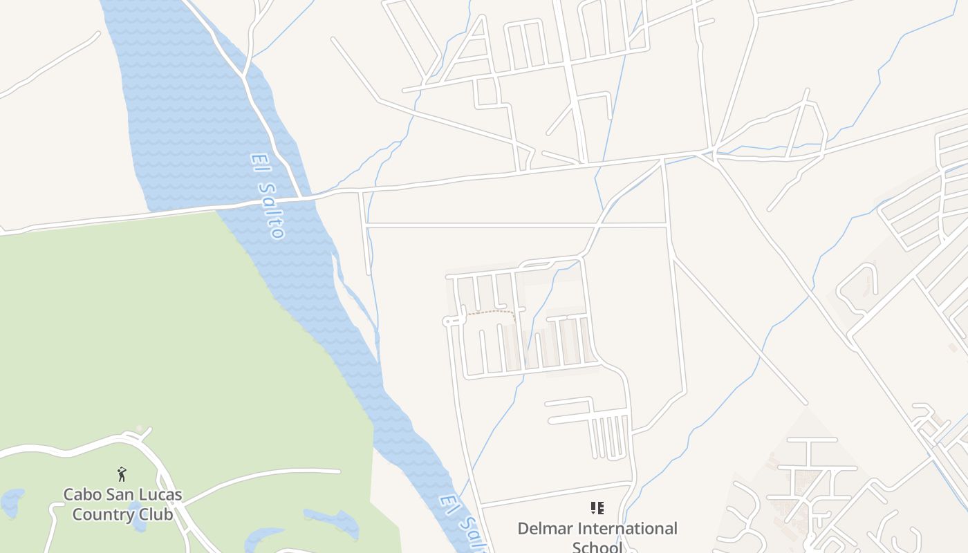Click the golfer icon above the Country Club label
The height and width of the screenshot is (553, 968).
(x=122, y=474)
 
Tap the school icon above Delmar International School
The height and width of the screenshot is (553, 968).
(x=597, y=509)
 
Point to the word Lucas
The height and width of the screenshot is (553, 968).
(x=161, y=495)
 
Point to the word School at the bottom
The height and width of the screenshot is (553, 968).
(x=597, y=547)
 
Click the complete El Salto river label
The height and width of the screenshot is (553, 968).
(x=267, y=195)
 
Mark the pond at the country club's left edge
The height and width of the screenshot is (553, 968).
(x=12, y=502)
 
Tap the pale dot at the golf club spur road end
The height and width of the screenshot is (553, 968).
(x=140, y=429)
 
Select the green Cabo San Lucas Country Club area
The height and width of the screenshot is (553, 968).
(x=138, y=332)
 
